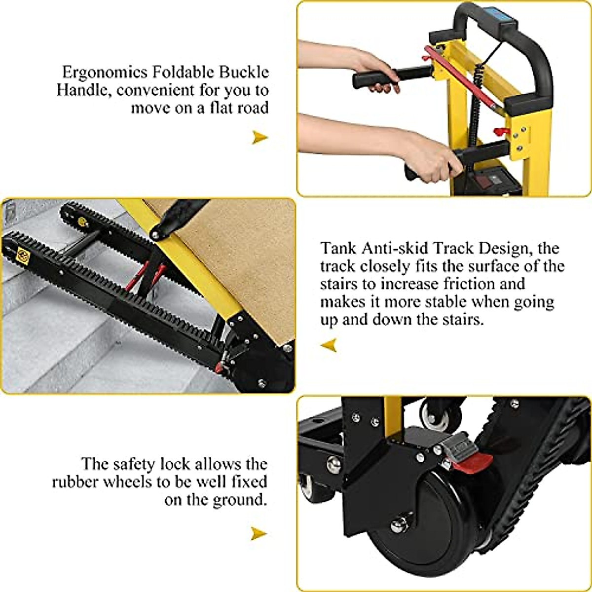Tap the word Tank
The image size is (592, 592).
(x=337, y=248)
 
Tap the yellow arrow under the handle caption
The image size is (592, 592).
(x=259, y=137)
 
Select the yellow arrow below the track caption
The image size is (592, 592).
(x=329, y=345)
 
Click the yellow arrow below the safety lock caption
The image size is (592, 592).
(x=259, y=533)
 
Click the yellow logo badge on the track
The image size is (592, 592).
(x=23, y=255)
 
